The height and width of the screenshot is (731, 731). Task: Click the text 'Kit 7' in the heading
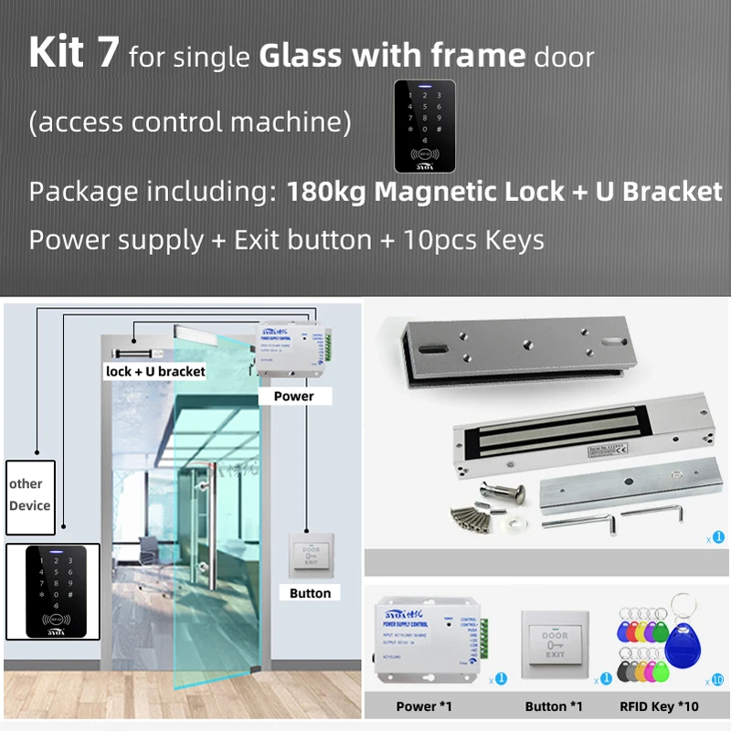pyautogui.click(x=73, y=53)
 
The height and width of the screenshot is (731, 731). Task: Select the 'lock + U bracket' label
pyautogui.click(x=155, y=371)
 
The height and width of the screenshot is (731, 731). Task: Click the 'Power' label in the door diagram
pyautogui.click(x=293, y=396)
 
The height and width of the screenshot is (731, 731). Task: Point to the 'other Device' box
pyautogui.click(x=29, y=494)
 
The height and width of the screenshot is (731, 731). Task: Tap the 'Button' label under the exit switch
pyautogui.click(x=310, y=593)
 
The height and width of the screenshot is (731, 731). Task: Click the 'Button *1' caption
pyautogui.click(x=554, y=706)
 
